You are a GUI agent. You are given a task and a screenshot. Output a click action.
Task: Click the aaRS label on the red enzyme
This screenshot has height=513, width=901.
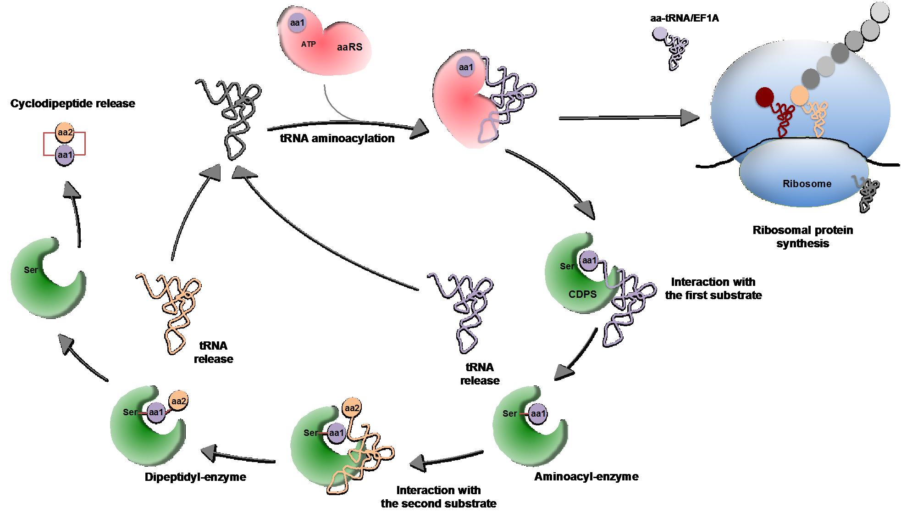tap(349, 47)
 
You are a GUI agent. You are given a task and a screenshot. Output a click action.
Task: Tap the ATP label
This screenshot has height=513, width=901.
tap(308, 44)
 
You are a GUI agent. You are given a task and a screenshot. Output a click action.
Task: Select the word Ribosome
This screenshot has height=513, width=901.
tap(807, 184)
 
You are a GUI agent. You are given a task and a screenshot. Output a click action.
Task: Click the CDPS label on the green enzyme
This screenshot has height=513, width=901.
tap(582, 294)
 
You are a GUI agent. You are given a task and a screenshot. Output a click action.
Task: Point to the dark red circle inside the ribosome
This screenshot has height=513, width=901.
tap(764, 97)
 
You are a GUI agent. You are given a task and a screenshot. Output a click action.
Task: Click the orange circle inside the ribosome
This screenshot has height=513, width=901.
tap(799, 95)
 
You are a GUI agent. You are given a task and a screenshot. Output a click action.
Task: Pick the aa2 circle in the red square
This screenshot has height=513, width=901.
tap(65, 132)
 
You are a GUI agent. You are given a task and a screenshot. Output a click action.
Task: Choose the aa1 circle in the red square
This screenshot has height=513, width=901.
tap(65, 155)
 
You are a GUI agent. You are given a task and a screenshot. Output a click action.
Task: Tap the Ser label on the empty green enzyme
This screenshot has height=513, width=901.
tap(31, 270)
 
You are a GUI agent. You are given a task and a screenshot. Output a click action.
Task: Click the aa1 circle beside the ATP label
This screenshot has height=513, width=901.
tap(297, 22)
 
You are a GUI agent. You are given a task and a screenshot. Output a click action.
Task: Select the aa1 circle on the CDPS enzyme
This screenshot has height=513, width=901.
tap(589, 261)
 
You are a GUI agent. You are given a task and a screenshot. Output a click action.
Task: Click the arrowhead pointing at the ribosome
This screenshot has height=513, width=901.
tap(690, 117)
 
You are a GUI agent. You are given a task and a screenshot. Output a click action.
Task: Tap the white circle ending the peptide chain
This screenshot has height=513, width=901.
tap(879, 11)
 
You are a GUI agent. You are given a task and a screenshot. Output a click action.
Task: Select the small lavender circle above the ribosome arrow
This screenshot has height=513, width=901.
tap(660, 33)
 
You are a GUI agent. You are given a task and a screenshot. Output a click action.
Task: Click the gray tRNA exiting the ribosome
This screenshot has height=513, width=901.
tap(866, 193)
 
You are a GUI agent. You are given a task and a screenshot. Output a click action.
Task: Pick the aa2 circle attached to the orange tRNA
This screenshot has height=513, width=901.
tap(352, 407)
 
